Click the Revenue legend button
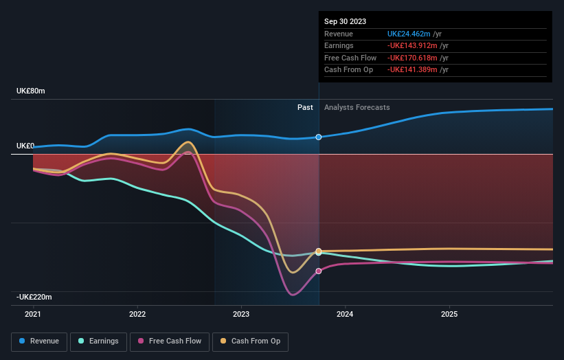point(40,341)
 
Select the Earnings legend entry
point(98,341)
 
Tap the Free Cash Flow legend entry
point(169,341)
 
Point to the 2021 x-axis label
point(33,314)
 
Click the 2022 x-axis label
point(137,314)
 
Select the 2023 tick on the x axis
point(241,314)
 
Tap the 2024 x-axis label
point(345,314)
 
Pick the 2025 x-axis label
point(449,314)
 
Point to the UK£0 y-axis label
point(25,146)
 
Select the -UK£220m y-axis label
point(35,297)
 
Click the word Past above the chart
point(305,107)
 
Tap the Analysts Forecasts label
point(357,107)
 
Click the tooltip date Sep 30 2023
point(346,21)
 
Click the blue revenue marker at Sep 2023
point(319,137)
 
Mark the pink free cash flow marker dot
point(319,271)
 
